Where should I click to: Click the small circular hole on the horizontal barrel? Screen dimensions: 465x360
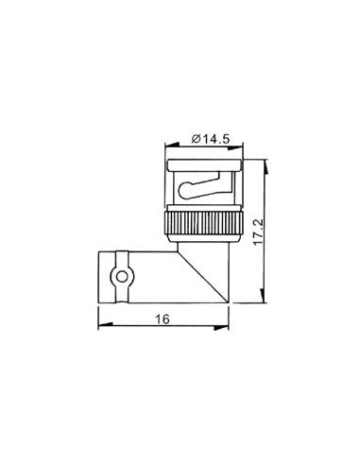pyautogui.click(x=119, y=276)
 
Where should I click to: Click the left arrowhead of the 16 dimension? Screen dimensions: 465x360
pyautogui.click(x=100, y=328)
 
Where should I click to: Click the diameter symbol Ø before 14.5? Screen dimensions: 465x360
pyautogui.click(x=194, y=139)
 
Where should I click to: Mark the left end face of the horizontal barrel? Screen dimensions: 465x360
pyautogui.click(x=98, y=276)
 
